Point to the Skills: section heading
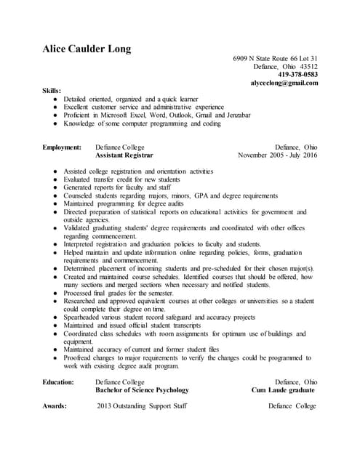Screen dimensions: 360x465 tap(52, 90)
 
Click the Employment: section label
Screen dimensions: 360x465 tap(62, 147)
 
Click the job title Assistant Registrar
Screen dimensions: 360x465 tap(124, 155)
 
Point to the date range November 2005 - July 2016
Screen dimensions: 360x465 tap(278, 155)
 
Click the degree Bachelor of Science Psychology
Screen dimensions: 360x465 tap(143, 389)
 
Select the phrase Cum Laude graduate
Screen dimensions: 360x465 tap(283, 389)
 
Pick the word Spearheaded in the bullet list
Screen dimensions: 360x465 tap(84, 317)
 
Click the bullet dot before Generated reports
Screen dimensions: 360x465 tap(56, 187)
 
